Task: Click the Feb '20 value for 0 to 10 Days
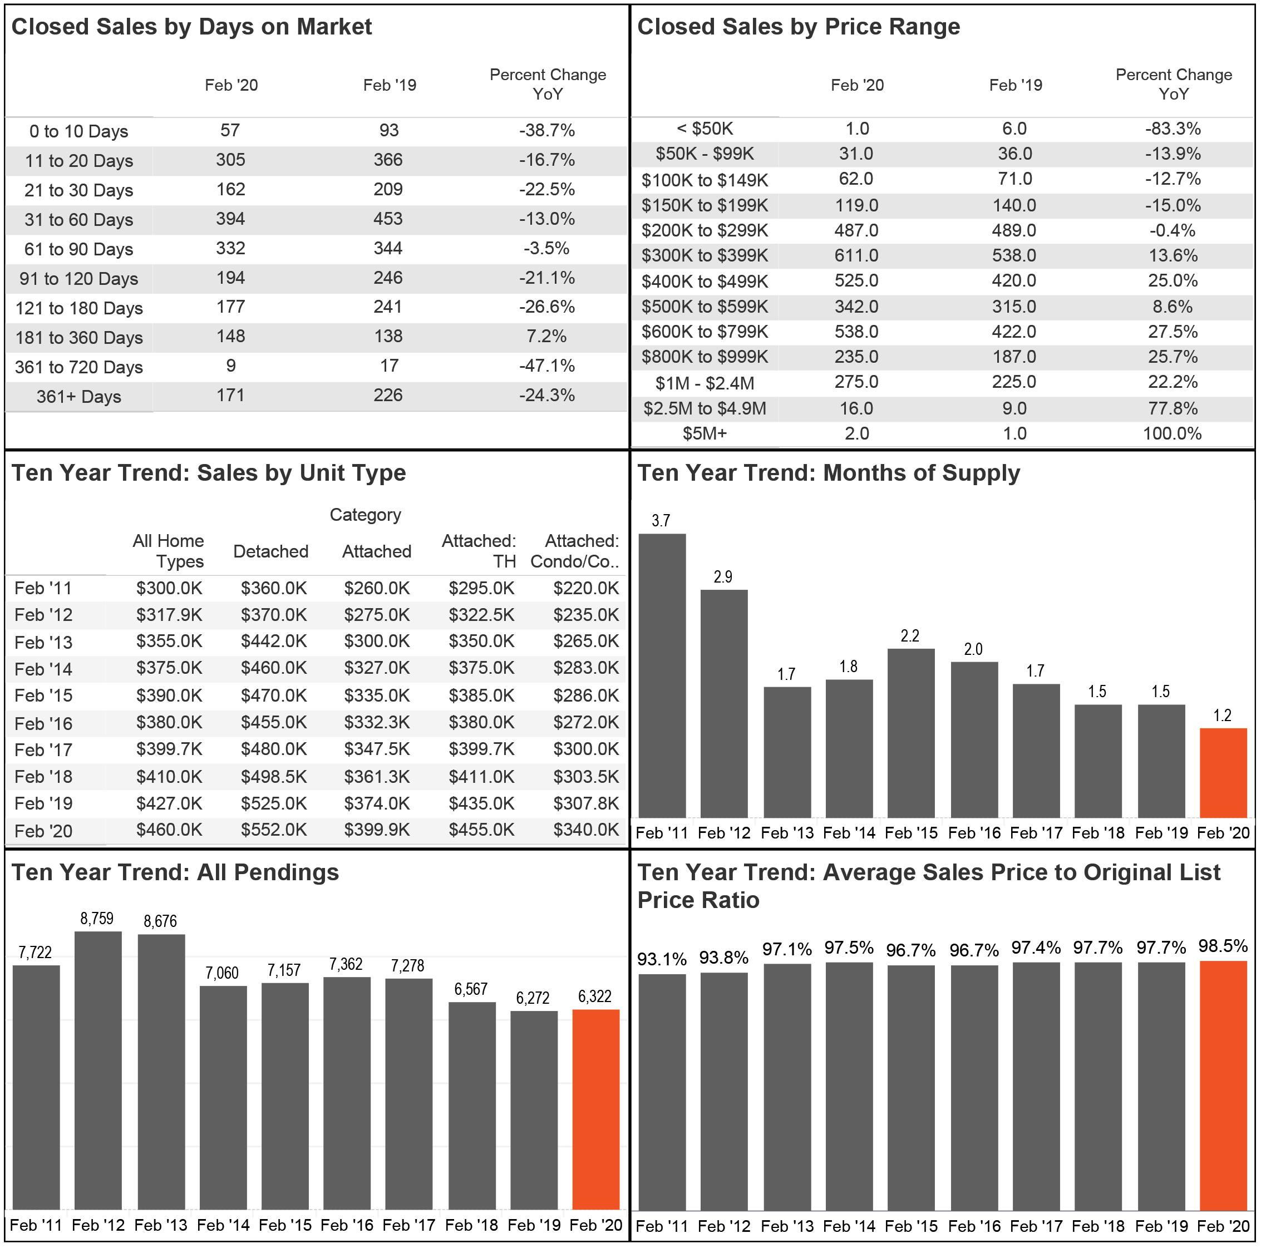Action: pos(230,131)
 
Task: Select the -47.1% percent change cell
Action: pos(547,366)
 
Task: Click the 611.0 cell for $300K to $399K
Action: pos(856,256)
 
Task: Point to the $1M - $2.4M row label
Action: pos(705,383)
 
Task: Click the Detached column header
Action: pos(271,552)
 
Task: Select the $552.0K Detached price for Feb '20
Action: pos(273,830)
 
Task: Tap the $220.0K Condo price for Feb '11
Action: pos(585,589)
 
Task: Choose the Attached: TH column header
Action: pos(479,551)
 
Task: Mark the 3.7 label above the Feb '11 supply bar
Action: pos(661,521)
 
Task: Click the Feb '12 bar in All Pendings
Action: pos(98,1071)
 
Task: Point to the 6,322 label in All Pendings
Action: pos(594,997)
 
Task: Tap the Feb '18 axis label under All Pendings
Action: pos(471,1226)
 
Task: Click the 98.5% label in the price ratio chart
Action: pos(1223,946)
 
